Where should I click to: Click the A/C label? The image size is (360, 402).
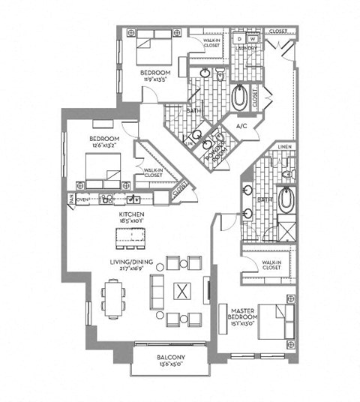pyautogui.click(x=241, y=127)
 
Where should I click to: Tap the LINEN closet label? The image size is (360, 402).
pyautogui.click(x=283, y=146)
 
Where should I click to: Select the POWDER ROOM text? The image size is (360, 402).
pyautogui.click(x=218, y=142)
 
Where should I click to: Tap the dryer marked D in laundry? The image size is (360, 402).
pyautogui.click(x=238, y=37)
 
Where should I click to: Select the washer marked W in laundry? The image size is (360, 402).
pyautogui.click(x=253, y=37)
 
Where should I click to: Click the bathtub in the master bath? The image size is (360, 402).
pyautogui.click(x=289, y=200)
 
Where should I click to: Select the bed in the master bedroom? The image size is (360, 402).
pyautogui.click(x=273, y=322)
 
